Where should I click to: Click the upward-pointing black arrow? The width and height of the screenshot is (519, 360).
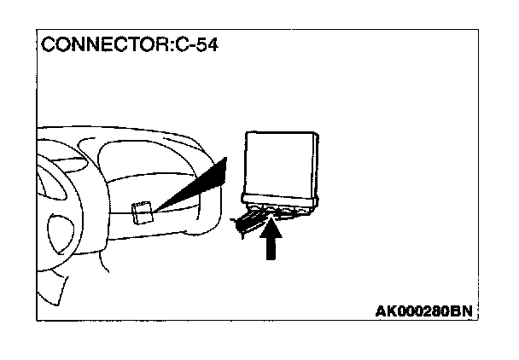pyautogui.click(x=271, y=240)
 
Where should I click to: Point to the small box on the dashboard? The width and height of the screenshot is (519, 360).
pyautogui.click(x=143, y=211)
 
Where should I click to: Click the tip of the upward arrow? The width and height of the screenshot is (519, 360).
pyautogui.click(x=271, y=221)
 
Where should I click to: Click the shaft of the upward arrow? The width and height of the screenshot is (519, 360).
pyautogui.click(x=271, y=248)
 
